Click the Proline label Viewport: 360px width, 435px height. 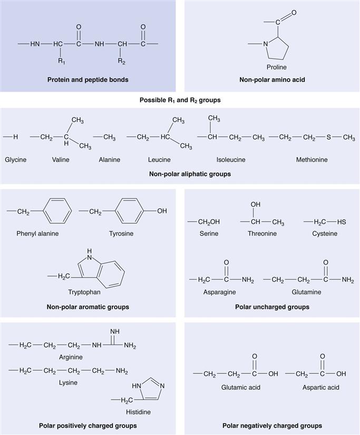(x=276, y=67)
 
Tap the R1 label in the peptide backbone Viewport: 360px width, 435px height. (x=62, y=61)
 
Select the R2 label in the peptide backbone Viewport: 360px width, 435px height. (x=121, y=61)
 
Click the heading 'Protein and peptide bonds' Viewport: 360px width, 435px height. (x=87, y=80)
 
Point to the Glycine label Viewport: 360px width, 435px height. (x=15, y=160)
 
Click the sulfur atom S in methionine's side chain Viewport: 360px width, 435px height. (x=328, y=137)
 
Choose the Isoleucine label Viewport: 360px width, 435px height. (x=231, y=160)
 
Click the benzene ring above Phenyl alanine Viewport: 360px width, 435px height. (x=57, y=211)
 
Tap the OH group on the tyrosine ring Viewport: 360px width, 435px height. (x=162, y=211)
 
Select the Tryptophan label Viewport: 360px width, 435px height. (x=84, y=292)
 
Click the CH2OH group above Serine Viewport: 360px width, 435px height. (x=209, y=222)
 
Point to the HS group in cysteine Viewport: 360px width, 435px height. (x=342, y=222)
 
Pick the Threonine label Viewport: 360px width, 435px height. (x=262, y=234)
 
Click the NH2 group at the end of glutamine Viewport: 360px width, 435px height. (x=348, y=280)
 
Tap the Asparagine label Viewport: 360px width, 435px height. (x=220, y=292)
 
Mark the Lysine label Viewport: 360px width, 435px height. (x=68, y=382)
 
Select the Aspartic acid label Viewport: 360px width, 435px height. (x=321, y=388)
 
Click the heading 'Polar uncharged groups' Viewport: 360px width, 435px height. (x=272, y=307)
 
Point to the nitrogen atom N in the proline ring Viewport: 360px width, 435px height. (x=266, y=44)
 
